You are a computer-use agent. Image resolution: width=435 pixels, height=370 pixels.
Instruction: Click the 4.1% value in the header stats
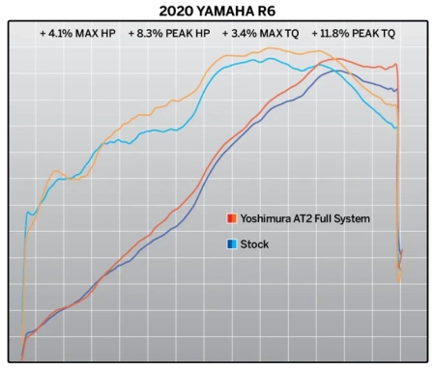[x=62, y=33]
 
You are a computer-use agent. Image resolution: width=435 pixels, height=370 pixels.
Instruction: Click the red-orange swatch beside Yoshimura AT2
[x=232, y=218]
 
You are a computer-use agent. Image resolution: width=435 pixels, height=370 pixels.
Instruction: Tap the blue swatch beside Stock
[x=232, y=244]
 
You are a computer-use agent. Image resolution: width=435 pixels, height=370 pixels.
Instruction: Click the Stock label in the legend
[x=254, y=244]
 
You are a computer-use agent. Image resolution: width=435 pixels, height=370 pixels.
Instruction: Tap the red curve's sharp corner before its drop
[x=396, y=65]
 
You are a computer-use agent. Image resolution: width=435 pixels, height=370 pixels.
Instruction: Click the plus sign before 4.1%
[x=43, y=33]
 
